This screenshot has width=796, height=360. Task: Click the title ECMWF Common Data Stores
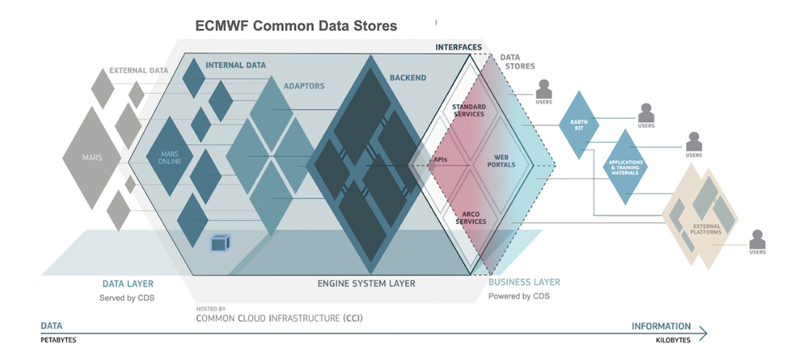pyautogui.click(x=296, y=26)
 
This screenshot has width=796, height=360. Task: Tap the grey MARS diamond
pyautogui.click(x=93, y=158)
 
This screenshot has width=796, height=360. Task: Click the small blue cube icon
pyautogui.click(x=218, y=243)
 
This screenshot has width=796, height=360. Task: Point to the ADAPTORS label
pyautogui.click(x=304, y=85)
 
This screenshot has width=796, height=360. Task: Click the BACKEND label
pyautogui.click(x=408, y=78)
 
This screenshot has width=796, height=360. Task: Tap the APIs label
pyautogui.click(x=439, y=159)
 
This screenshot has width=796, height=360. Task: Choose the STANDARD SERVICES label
pyautogui.click(x=469, y=110)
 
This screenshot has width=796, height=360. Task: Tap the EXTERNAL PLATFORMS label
pyautogui.click(x=706, y=229)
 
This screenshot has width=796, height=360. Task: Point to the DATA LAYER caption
pyautogui.click(x=127, y=284)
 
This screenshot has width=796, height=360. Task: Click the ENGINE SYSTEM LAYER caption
pyautogui.click(x=366, y=284)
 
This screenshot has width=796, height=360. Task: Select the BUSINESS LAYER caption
pyautogui.click(x=524, y=283)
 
